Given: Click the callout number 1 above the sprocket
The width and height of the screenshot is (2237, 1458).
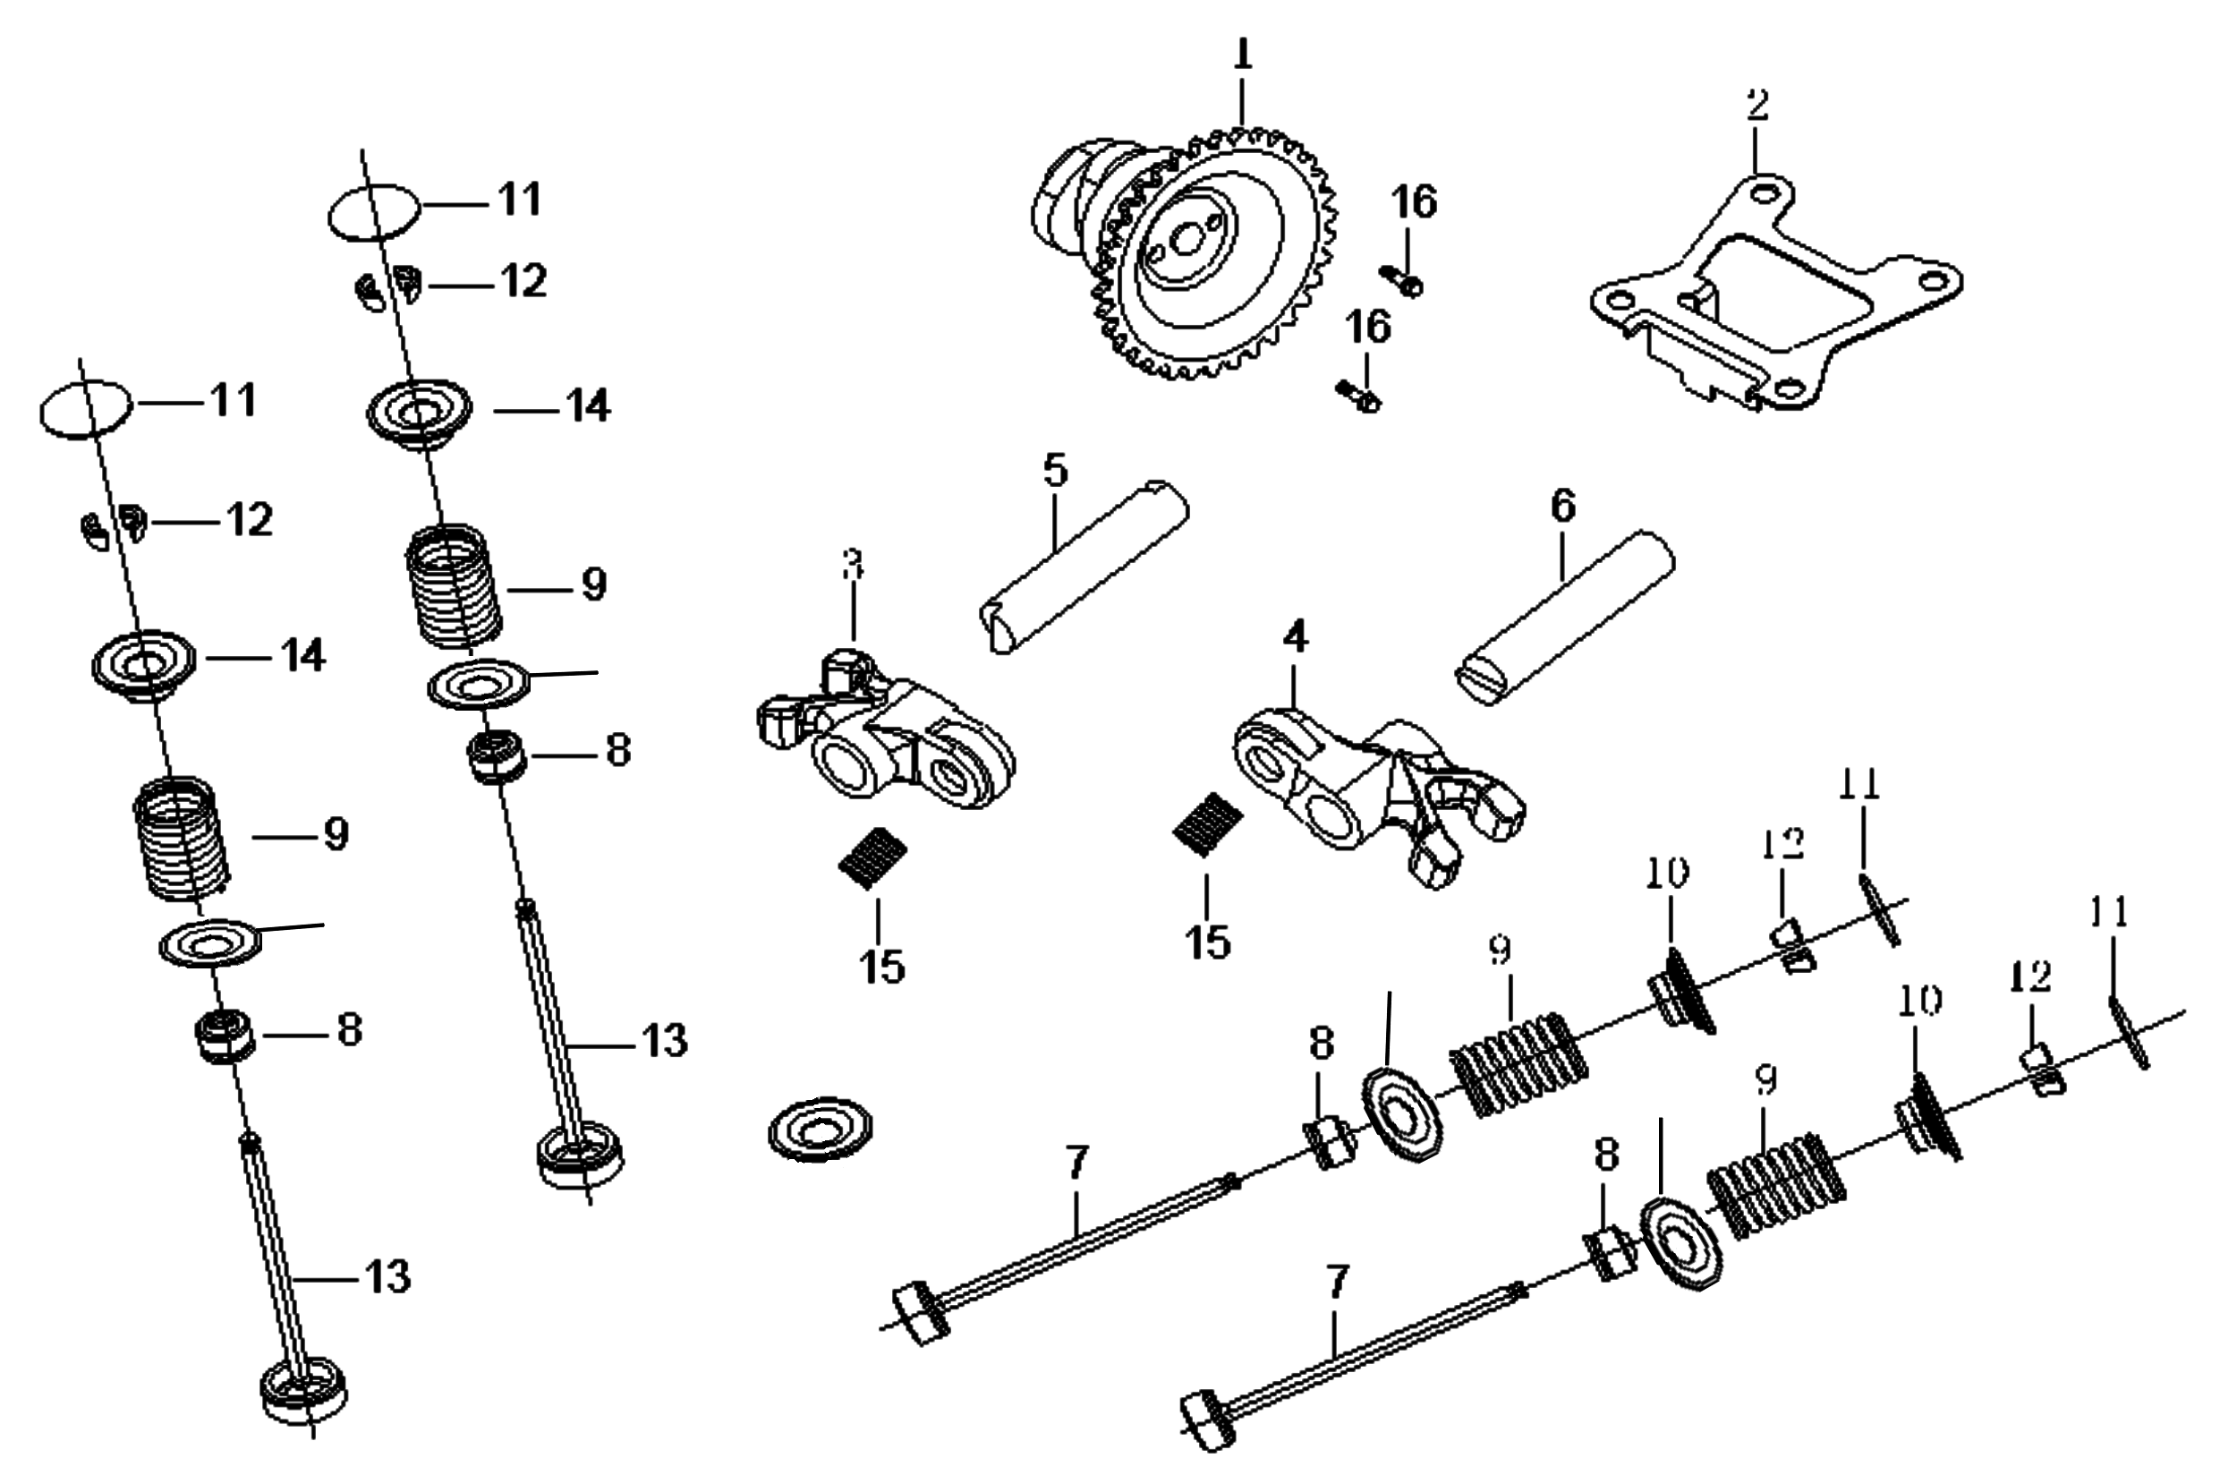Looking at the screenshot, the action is coord(1243,55).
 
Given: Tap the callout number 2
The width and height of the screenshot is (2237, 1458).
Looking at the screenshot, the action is coord(1757,105).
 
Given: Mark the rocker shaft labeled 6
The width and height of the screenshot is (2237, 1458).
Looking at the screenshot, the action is coord(1565,617).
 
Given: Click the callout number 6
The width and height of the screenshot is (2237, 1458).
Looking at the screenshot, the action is coord(1562,506).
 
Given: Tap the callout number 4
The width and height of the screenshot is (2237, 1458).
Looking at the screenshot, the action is coord(1295,638).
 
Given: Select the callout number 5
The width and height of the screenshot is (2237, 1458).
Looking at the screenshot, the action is coord(1056,470).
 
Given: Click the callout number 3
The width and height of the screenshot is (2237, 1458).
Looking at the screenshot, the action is coord(853,567).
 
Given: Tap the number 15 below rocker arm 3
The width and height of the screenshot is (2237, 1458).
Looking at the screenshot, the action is coord(882,967).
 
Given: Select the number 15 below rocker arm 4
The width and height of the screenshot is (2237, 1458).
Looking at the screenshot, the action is coord(1208,942).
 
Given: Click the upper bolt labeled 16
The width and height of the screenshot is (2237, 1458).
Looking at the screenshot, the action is coord(1401,280).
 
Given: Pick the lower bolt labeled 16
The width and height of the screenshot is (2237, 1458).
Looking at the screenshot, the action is coord(1359,397).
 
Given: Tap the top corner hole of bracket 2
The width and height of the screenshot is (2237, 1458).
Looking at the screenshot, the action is coord(1765,195).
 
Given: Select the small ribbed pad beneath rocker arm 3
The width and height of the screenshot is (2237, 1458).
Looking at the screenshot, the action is coord(872,857).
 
